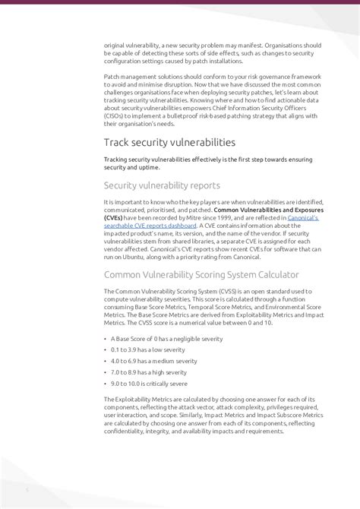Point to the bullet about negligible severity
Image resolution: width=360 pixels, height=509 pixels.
click(163, 338)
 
